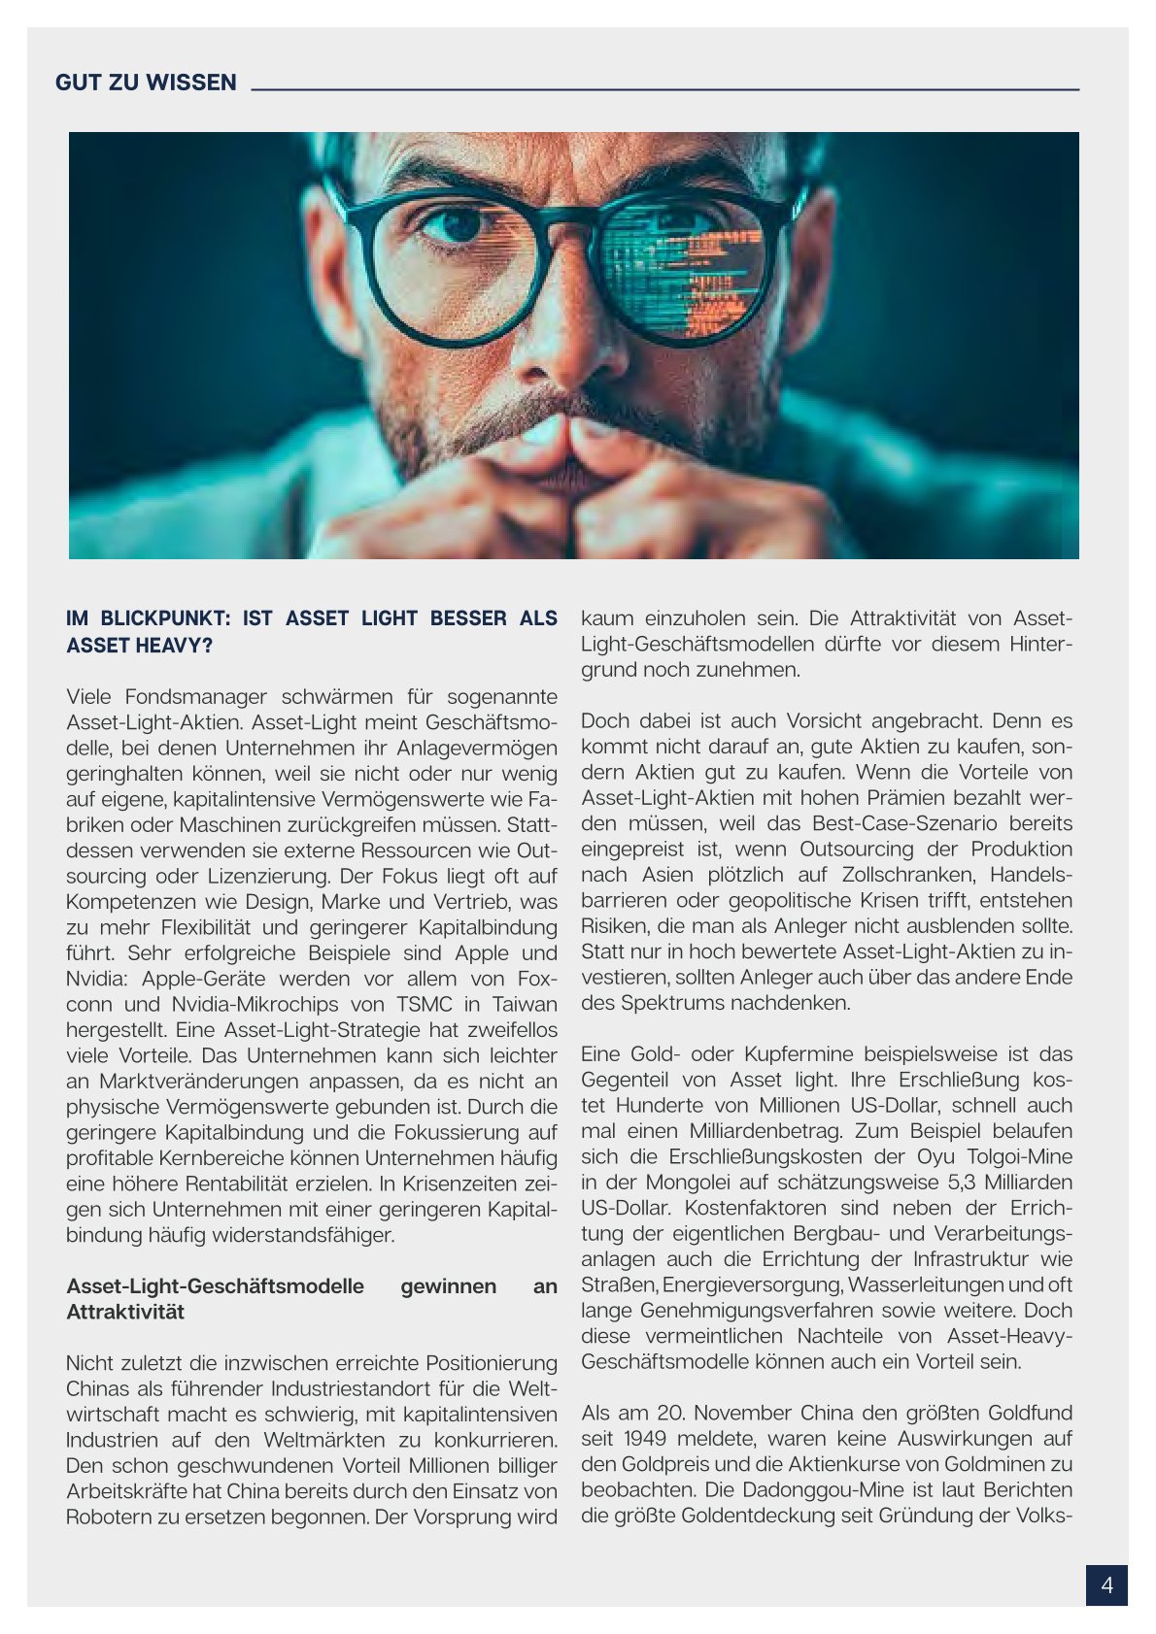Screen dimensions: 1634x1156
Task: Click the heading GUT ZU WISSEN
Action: click(x=146, y=83)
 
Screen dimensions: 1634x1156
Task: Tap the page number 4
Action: click(x=1106, y=1585)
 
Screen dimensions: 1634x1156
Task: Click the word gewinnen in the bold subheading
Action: click(x=448, y=1286)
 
